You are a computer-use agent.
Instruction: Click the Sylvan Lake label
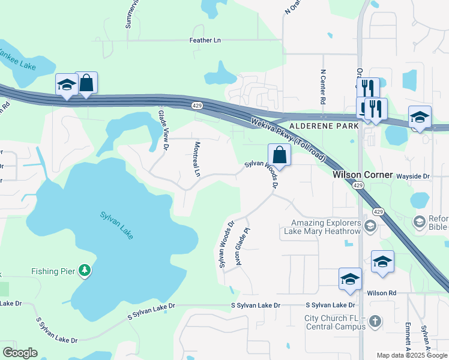(116, 225)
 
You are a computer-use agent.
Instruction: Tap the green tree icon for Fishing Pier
(85, 271)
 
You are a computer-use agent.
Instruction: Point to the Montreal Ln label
(196, 159)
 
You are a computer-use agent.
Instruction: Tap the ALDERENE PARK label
(324, 127)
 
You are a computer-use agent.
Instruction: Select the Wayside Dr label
(414, 176)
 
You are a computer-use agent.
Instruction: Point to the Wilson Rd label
(382, 293)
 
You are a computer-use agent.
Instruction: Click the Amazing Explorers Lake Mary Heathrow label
(325, 227)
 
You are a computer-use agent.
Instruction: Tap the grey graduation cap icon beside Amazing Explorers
(370, 226)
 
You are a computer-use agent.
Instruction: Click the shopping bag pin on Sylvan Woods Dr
(279, 155)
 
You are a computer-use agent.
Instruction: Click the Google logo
(20, 353)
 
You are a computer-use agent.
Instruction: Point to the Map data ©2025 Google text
(411, 355)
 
